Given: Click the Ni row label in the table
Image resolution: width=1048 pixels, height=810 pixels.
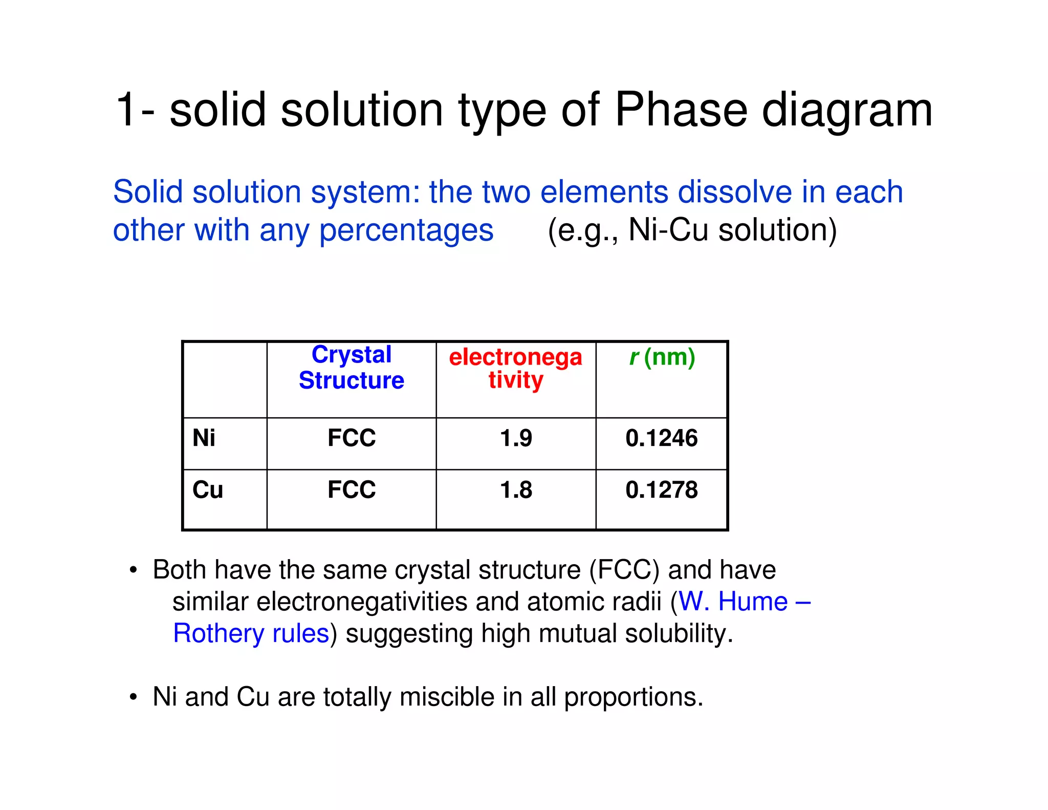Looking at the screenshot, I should point(204,438).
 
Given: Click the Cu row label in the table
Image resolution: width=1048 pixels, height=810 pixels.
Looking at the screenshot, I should point(208,490).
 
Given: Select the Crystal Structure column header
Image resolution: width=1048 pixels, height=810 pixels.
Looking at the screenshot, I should point(352,368).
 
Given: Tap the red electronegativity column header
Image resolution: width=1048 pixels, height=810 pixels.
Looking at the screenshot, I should point(515,368).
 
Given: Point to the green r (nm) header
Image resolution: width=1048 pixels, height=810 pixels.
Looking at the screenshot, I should point(662,357).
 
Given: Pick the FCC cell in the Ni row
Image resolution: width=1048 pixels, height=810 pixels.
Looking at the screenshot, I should point(352,438).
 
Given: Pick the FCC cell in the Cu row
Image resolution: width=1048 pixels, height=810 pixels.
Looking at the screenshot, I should point(352,490).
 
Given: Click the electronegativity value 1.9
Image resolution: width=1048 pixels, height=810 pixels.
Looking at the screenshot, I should point(516,438).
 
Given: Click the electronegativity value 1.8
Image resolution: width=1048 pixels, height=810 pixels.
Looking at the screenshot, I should point(516,490).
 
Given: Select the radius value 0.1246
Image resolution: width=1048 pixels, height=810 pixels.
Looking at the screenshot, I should point(661,438).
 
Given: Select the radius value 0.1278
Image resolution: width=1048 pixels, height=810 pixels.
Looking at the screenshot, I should point(661,490).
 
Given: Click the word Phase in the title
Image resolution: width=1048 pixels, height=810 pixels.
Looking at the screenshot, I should point(681,110).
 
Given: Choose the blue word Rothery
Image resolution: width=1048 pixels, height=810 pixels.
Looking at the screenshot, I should point(218,633).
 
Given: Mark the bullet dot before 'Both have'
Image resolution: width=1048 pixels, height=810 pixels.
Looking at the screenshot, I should point(134,570).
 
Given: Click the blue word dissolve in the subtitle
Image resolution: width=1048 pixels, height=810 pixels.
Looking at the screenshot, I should point(735,192).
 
